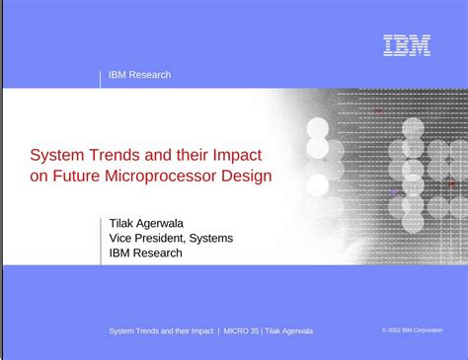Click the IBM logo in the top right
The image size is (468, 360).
[407, 45]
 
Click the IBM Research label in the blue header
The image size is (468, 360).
[139, 75]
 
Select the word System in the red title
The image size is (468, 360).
[55, 154]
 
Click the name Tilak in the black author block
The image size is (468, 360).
[124, 221]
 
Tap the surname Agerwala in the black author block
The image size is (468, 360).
[171, 221]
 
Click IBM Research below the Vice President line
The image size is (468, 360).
[146, 252]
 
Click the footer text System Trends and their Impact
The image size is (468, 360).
[161, 330]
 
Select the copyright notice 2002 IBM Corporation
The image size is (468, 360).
[412, 330]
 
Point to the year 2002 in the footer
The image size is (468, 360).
[394, 330]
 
